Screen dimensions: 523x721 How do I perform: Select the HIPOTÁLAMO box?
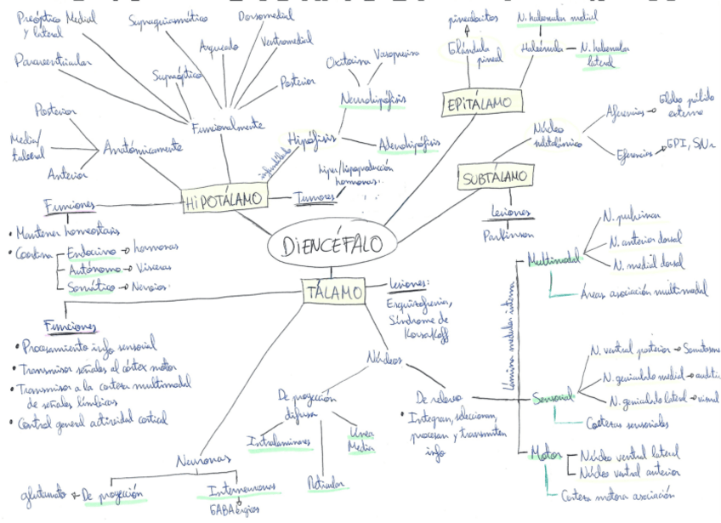click(x=223, y=201)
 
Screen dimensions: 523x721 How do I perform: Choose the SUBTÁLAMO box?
click(x=496, y=178)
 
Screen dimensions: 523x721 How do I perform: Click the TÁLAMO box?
click(x=333, y=291)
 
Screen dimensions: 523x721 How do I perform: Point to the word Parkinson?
click(x=509, y=234)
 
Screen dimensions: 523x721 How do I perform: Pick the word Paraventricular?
click(x=52, y=60)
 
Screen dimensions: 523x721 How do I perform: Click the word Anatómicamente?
click(x=143, y=147)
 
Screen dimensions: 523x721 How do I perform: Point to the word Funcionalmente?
click(x=227, y=126)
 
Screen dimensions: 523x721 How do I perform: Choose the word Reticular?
click(x=326, y=484)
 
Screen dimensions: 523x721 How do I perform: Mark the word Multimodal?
click(x=554, y=257)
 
